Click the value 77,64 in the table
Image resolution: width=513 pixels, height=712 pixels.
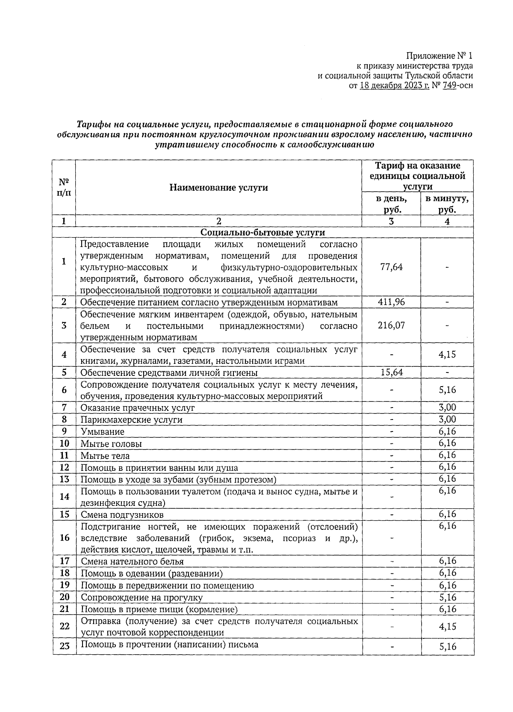[x=391, y=267]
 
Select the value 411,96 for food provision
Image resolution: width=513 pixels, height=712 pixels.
[x=391, y=302]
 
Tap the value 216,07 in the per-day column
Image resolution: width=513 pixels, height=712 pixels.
[x=391, y=325]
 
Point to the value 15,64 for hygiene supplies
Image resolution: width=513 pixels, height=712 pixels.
[x=391, y=372]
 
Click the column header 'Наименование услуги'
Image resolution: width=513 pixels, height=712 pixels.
[x=218, y=187]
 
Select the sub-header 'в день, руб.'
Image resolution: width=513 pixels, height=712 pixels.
[x=391, y=204]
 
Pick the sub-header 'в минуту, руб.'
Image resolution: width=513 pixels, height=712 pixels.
[x=447, y=204]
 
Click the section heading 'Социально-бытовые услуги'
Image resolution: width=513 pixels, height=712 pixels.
[x=262, y=232]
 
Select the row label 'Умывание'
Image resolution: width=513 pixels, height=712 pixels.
[x=103, y=431]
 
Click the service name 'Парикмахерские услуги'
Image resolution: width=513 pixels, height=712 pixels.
[x=132, y=420]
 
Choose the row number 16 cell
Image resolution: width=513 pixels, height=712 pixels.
[x=64, y=537]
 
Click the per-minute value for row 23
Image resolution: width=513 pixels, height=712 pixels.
[x=447, y=647]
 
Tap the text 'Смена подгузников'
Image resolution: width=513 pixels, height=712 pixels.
[x=122, y=514]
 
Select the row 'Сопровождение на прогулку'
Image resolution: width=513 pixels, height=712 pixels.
[x=142, y=597]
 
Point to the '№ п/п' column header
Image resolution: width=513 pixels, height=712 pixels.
[x=64, y=187]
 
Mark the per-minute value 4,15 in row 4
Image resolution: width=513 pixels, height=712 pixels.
[x=447, y=355]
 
